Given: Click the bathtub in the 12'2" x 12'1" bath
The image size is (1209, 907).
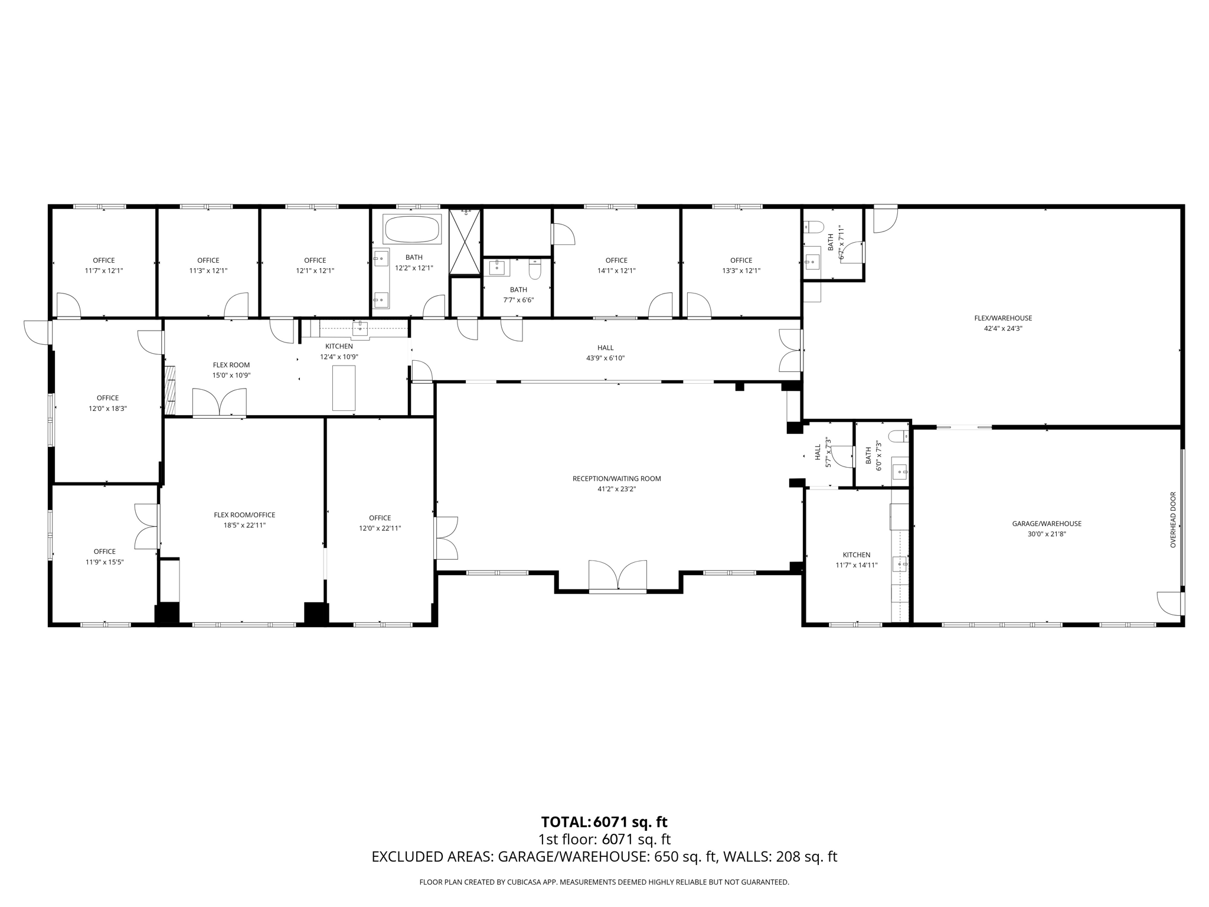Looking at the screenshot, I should tap(412, 229).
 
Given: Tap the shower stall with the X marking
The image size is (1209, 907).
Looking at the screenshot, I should tap(465, 242).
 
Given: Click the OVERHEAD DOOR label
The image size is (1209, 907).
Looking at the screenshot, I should tap(1173, 520).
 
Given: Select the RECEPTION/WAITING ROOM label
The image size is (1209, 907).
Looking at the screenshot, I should tap(616, 478).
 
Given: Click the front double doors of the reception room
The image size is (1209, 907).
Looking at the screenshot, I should tap(617, 576).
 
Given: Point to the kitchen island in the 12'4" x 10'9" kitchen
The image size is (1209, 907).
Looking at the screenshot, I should tap(344, 388).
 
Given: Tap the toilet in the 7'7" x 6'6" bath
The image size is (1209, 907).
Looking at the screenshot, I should tap(535, 270).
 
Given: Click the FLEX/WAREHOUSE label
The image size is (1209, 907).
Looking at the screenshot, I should tap(1003, 318).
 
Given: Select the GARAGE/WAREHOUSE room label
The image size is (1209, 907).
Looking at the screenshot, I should tap(1047, 524).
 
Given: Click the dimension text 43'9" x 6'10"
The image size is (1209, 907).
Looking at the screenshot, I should tap(605, 358).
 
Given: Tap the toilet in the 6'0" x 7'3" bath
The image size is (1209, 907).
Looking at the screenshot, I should tap(898, 437).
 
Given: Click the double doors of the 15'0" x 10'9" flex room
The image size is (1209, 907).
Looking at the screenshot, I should tap(219, 403).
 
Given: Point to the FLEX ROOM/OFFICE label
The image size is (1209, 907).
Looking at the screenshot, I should tap(244, 515).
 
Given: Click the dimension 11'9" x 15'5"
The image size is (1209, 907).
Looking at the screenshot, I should tap(104, 562).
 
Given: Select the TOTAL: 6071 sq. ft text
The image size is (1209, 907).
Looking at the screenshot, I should tap(604, 822).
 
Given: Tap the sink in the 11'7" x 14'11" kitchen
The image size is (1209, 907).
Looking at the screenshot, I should tap(899, 564).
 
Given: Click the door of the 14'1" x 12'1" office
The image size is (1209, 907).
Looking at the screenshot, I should tap(661, 305).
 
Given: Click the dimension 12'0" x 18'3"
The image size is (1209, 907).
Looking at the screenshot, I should tap(108, 408).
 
